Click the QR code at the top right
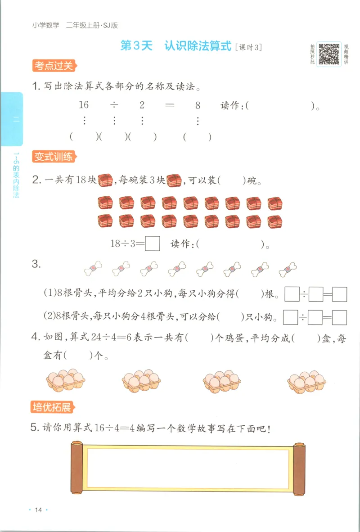pos(329,54)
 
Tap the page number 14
pos(38,509)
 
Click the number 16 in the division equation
pos(84,105)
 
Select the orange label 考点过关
pos(53,66)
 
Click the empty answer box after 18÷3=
pos(153,243)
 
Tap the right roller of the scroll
pos(299,468)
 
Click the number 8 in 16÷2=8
pos(198,105)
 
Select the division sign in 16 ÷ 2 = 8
pos(114,105)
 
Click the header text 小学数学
pos(45,25)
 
